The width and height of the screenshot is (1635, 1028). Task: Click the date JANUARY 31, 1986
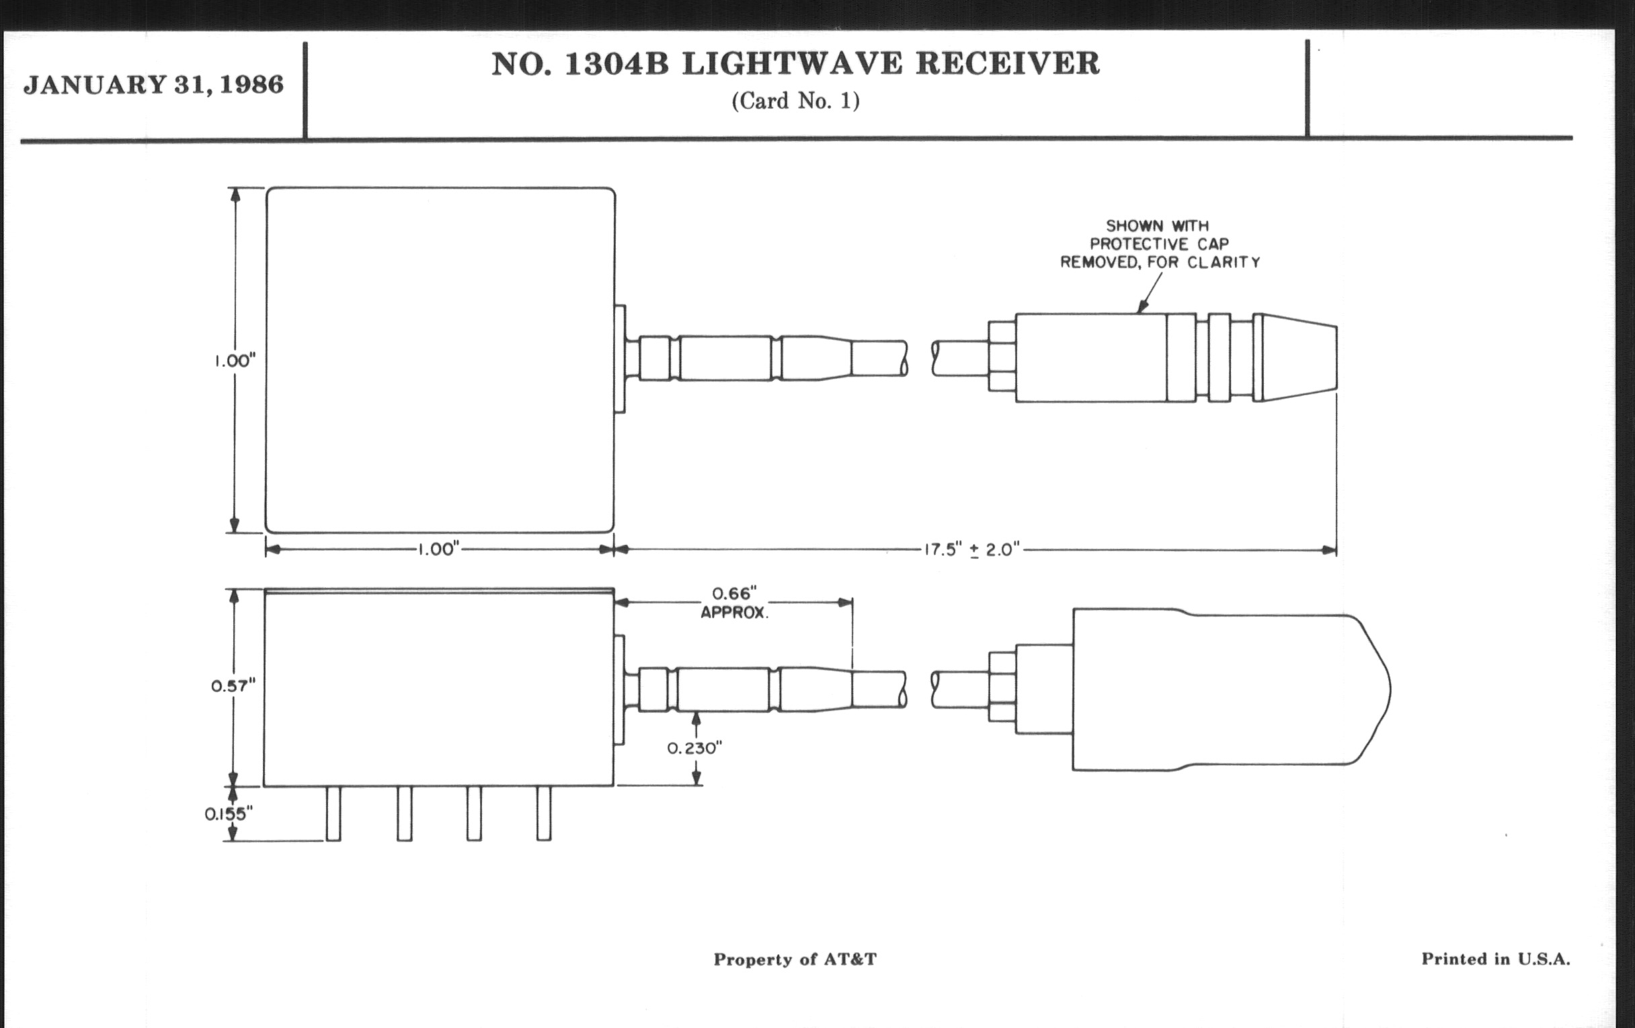tap(153, 85)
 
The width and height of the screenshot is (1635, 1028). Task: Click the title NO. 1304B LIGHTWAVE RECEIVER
tap(795, 65)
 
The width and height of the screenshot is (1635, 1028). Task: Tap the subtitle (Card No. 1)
tap(795, 101)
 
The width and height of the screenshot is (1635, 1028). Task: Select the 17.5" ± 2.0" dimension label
tap(971, 550)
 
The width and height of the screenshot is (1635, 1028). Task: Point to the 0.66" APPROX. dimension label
tap(734, 603)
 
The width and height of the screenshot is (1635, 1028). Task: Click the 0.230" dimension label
tap(694, 748)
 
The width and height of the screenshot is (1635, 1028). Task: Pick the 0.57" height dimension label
tap(233, 686)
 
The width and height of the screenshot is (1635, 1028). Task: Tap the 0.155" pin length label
tap(228, 814)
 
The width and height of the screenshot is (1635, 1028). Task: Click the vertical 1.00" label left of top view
tap(235, 361)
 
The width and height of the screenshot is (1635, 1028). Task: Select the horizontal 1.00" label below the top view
tap(438, 550)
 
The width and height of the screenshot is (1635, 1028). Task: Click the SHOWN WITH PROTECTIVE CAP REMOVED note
tap(1160, 245)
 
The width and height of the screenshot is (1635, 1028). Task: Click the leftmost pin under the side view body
tap(333, 814)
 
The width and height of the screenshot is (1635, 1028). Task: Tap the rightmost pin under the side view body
tap(544, 814)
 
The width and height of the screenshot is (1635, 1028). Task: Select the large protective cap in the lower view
tap(1222, 689)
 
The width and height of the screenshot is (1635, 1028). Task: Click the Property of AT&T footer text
tap(795, 959)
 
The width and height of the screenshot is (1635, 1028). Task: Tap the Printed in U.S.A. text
tap(1496, 959)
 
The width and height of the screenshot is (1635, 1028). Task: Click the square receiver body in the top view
tap(440, 360)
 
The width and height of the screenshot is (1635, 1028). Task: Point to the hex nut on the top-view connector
tap(1002, 357)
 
